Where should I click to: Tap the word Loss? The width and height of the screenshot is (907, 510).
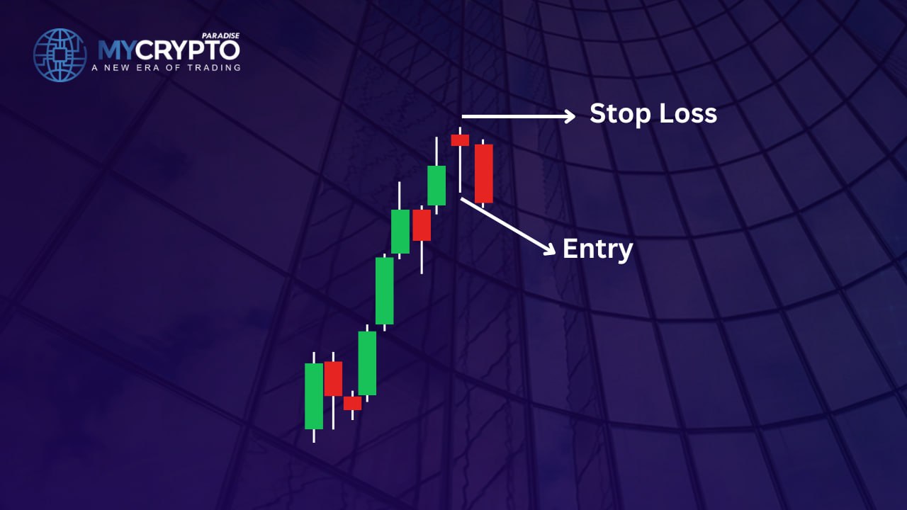(688, 113)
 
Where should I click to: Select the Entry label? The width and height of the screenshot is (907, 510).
(597, 250)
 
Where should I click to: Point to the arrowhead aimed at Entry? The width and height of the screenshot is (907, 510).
(549, 249)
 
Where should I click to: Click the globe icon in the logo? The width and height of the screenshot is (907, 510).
(60, 55)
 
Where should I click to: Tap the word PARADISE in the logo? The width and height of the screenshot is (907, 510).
(220, 35)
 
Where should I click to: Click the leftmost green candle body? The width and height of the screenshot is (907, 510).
(314, 396)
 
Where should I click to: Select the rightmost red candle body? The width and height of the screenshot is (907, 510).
(483, 174)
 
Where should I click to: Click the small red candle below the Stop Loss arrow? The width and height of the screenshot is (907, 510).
(460, 140)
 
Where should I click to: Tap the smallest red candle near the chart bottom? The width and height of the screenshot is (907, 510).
(352, 403)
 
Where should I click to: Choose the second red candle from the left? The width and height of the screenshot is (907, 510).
(352, 403)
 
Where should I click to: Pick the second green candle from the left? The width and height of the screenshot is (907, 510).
(367, 363)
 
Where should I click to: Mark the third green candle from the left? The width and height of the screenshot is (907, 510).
(384, 290)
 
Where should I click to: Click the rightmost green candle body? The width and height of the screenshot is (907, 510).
(436, 186)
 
